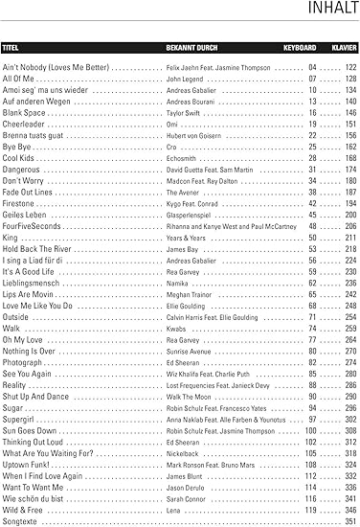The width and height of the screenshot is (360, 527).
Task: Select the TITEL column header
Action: [11, 46]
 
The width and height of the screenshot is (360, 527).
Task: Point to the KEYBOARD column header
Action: [300, 46]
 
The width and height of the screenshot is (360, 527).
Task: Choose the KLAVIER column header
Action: [343, 46]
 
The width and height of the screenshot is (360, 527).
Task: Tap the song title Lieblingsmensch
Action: [33, 283]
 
